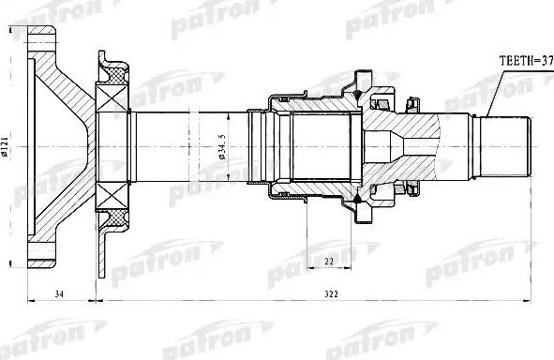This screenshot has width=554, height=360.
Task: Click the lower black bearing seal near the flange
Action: (x=115, y=217)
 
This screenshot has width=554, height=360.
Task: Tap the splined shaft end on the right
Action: (x=506, y=145)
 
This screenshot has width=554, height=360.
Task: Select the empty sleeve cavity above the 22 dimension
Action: (x=323, y=145)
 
